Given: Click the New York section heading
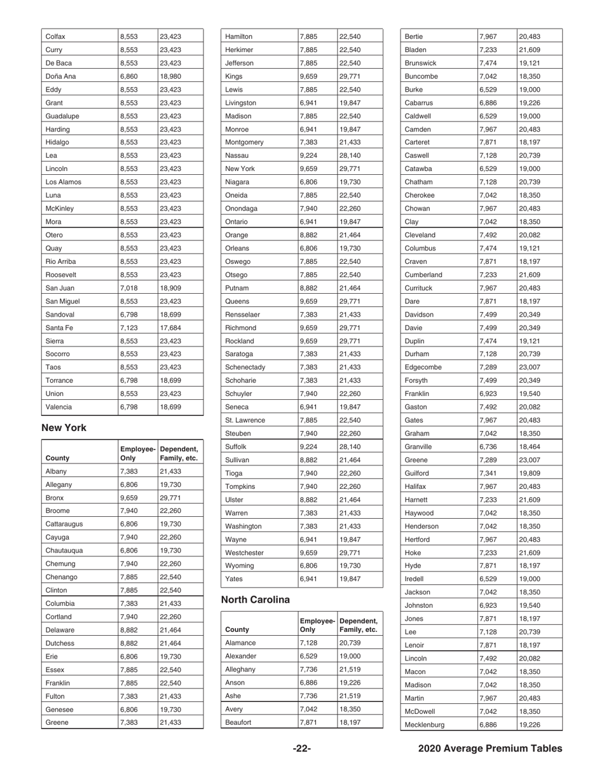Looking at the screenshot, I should [x=64, y=428].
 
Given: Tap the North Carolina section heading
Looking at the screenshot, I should [x=255, y=600].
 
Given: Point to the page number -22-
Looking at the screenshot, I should [x=301, y=748].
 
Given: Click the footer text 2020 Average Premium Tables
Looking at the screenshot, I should [x=490, y=748].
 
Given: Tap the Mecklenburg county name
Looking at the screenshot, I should [x=427, y=724].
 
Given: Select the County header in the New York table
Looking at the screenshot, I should [x=58, y=457].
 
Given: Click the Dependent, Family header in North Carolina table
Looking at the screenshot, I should [x=359, y=625].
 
